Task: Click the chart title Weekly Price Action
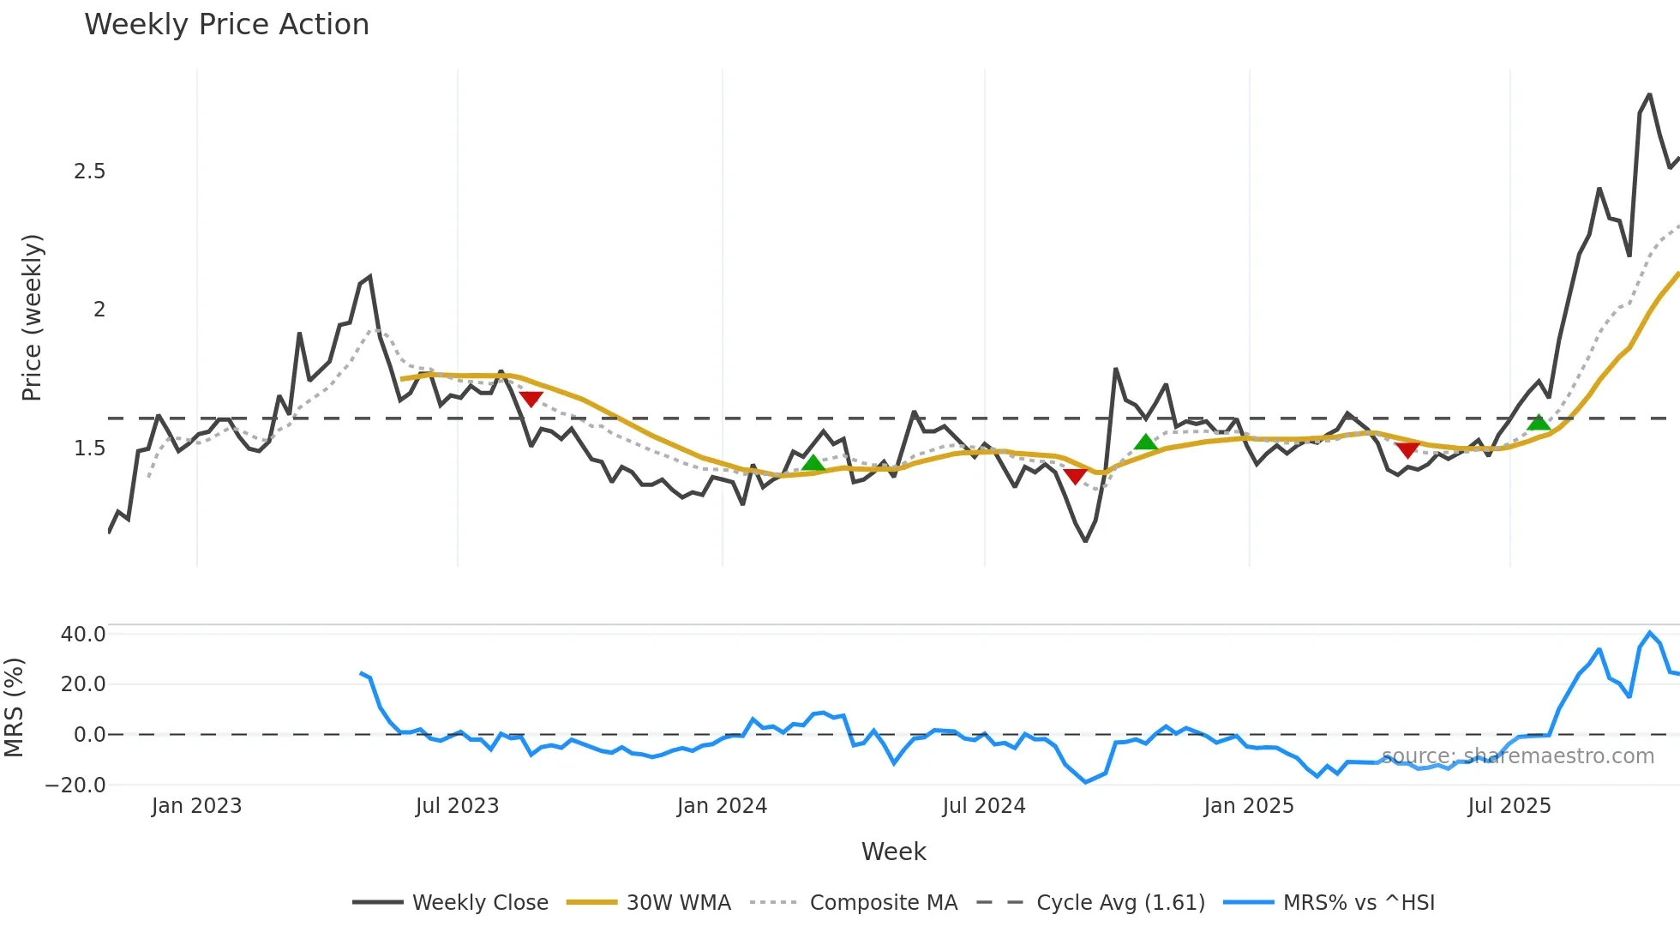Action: click(226, 25)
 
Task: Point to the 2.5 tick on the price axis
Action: click(89, 172)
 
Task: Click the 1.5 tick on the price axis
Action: click(89, 448)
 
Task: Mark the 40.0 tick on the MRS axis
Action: click(83, 635)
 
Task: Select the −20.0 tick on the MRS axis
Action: click(75, 785)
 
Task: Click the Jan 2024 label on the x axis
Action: click(722, 806)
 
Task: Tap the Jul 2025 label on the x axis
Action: click(1509, 806)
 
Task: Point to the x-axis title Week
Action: click(893, 852)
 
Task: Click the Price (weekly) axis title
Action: click(32, 317)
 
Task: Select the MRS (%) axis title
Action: click(14, 707)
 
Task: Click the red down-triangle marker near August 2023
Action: click(531, 399)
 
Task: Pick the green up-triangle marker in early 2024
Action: click(813, 464)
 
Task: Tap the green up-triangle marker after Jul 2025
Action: click(1539, 422)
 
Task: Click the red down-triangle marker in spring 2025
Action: click(1407, 450)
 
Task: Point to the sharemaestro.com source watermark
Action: click(1518, 756)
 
